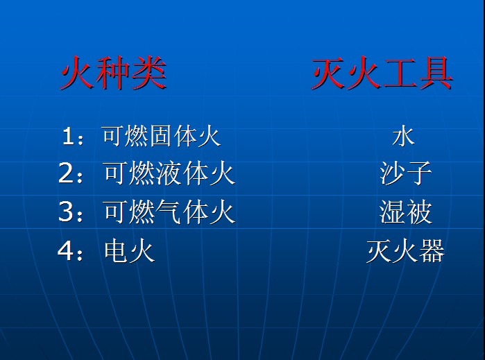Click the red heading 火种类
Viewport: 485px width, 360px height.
(114, 73)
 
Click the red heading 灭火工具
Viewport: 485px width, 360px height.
(382, 74)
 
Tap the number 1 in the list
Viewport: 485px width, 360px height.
(68, 136)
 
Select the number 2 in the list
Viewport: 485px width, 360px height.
(66, 173)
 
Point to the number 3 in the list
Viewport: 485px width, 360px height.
(66, 212)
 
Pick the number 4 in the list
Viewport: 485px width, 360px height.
(66, 251)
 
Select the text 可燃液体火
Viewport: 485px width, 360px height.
(170, 173)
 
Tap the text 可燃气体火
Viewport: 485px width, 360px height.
(170, 212)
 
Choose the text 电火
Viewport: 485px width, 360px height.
(129, 251)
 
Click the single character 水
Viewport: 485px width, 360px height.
(403, 135)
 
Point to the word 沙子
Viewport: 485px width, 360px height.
(405, 173)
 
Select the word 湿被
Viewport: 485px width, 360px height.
(405, 212)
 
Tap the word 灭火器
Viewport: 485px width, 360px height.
(405, 251)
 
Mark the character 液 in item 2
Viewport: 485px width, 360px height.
(169, 173)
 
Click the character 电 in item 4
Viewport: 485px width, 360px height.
(116, 251)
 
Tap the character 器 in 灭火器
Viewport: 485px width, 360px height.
(432, 251)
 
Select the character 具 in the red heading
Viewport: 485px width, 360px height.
(436, 74)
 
